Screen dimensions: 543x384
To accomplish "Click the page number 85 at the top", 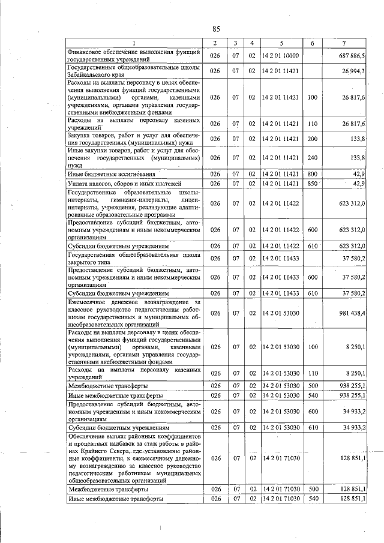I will [217, 29].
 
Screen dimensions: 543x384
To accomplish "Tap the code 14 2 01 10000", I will [281, 56].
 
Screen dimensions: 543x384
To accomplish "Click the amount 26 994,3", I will [354, 71].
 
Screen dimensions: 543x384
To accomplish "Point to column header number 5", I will [280, 43].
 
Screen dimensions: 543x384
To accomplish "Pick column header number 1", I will [134, 43].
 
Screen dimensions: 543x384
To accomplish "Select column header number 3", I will [236, 43].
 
